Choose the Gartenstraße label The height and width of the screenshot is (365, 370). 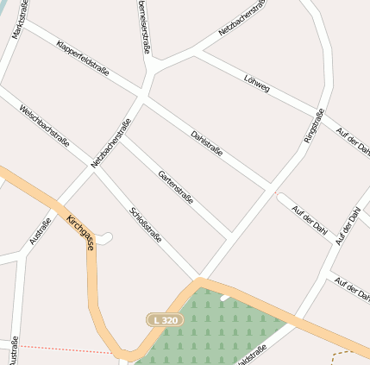pyautogui.click(x=175, y=188)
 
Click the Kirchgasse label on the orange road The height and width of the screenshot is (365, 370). pyautogui.click(x=80, y=233)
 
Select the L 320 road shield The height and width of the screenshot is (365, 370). pyautogui.click(x=164, y=320)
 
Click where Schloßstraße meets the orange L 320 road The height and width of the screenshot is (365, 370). pyautogui.click(x=200, y=279)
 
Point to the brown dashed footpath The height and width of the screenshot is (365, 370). pyautogui.click(x=349, y=354)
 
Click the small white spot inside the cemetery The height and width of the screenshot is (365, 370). pyautogui.click(x=225, y=298)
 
